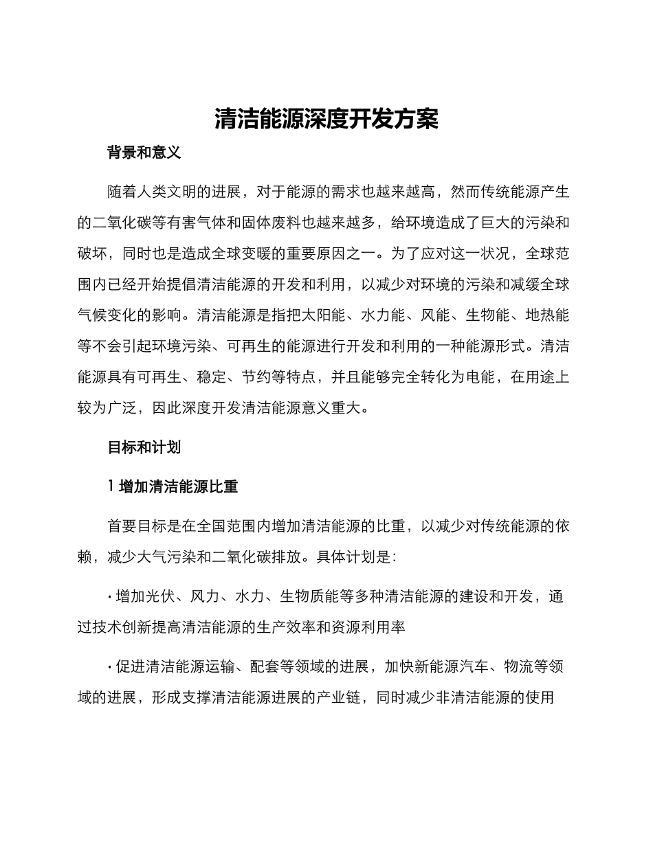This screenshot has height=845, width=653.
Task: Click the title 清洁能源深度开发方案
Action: click(326, 119)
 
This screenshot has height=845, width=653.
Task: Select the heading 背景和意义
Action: click(144, 153)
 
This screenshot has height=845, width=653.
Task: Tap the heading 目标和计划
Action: click(144, 447)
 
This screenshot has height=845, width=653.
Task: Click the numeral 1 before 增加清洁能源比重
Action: click(111, 486)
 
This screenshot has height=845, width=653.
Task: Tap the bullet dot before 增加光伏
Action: click(110, 596)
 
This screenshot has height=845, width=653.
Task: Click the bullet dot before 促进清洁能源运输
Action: click(110, 667)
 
